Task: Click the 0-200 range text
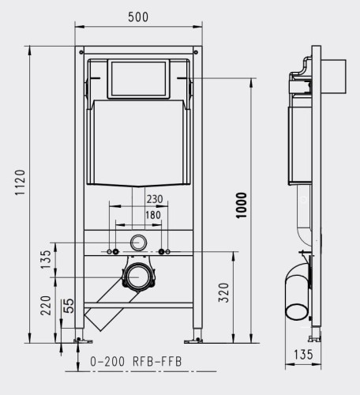[107, 362]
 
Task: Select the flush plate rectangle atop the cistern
[139, 77]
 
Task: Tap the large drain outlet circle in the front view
[140, 276]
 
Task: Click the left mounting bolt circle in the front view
[115, 252]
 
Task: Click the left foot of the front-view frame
[79, 340]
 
